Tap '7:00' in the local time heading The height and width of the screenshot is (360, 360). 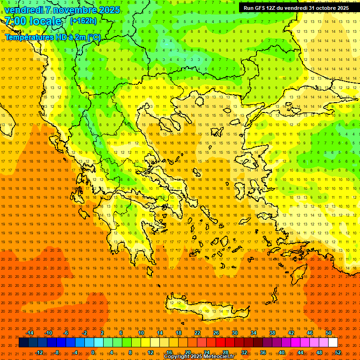pyautogui.click(x=15, y=21)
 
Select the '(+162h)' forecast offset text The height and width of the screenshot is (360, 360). pyautogui.click(x=83, y=21)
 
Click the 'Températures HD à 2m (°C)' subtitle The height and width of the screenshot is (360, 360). pyautogui.click(x=52, y=37)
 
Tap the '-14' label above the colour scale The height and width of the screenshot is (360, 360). pyautogui.click(x=30, y=333)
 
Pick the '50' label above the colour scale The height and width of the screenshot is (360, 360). pyautogui.click(x=329, y=333)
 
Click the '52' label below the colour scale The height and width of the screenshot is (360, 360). pyautogui.click(x=338, y=352)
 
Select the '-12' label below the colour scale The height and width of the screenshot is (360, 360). pyautogui.click(x=39, y=352)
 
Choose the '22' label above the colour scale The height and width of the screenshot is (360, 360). pyautogui.click(x=197, y=333)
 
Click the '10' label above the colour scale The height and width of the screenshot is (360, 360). pyautogui.click(x=141, y=333)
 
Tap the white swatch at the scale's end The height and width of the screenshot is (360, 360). pyautogui.click(x=333, y=342)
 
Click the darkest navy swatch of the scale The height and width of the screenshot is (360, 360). pyautogui.click(x=24, y=342)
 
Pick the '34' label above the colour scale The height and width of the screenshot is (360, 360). pyautogui.click(x=254, y=333)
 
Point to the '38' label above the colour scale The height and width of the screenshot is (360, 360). pyautogui.click(x=272, y=333)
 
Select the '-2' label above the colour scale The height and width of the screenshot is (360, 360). pyautogui.click(x=85, y=333)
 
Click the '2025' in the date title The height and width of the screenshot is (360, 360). pyautogui.click(x=109, y=10)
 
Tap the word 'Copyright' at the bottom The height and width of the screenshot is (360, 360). pyautogui.click(x=177, y=357)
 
